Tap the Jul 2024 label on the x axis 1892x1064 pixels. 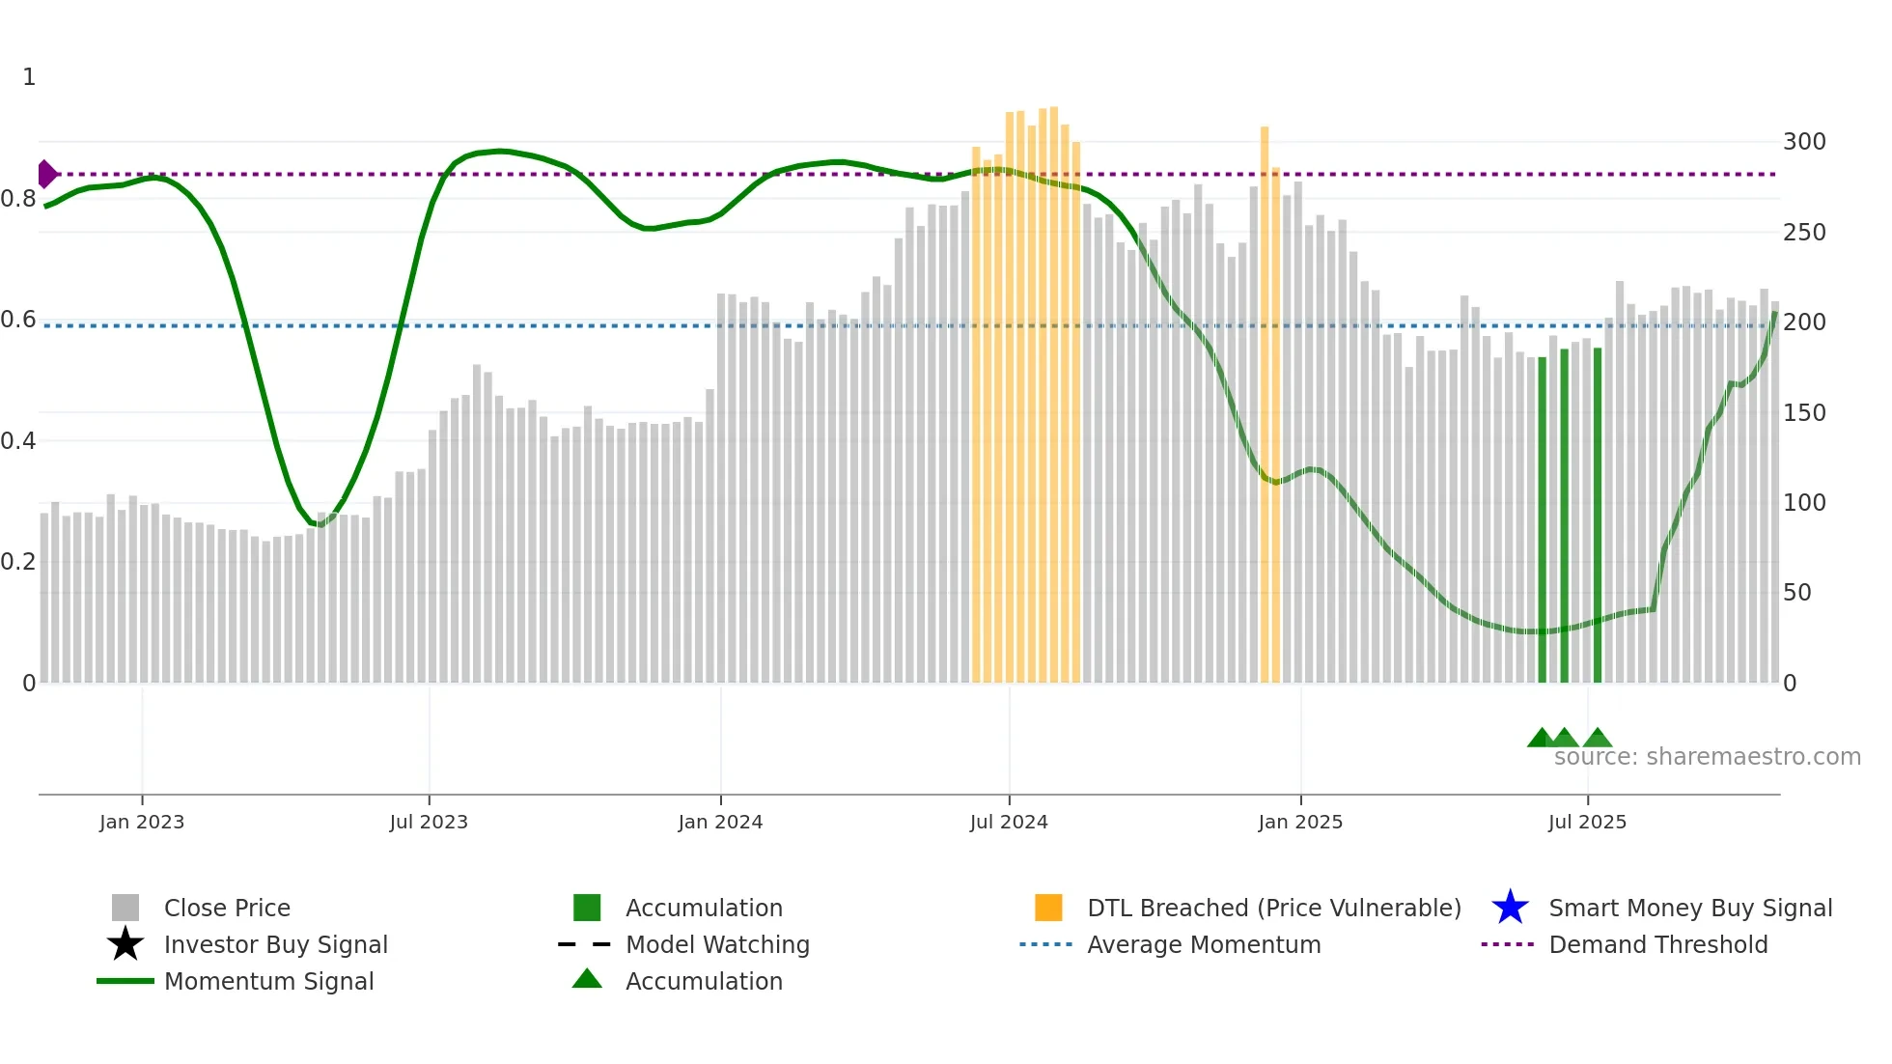1009,822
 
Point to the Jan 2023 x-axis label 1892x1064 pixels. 142,822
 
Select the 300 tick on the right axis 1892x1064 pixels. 1804,142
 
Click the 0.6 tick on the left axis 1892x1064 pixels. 17,320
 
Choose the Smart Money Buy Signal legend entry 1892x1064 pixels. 1689,908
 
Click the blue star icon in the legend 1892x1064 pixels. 1510,908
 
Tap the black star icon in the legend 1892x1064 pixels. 125,944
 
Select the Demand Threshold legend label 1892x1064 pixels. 1657,944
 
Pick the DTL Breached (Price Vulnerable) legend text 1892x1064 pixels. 1273,908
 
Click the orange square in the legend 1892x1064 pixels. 1048,908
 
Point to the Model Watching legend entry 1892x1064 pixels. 717,944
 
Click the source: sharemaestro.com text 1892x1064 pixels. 1707,756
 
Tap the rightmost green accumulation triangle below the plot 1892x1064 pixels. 1598,739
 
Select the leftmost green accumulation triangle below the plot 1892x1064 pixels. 1541,739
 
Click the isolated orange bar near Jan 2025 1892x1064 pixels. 1265,406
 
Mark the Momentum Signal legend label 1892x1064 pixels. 268,981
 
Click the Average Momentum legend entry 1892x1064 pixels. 1203,944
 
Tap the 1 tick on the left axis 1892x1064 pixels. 29,76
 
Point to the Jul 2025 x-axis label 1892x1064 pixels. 1587,822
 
